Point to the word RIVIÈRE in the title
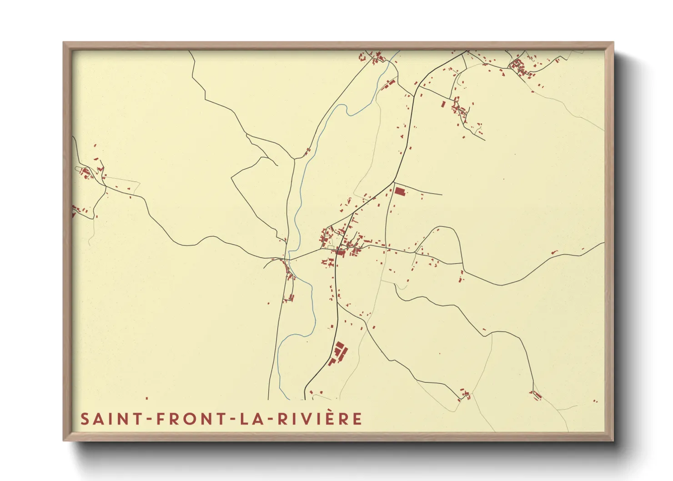[x=320, y=419]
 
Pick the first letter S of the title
[x=84, y=419]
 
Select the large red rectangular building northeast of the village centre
[x=399, y=191]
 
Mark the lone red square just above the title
[x=146, y=398]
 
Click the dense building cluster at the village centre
[x=341, y=243]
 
